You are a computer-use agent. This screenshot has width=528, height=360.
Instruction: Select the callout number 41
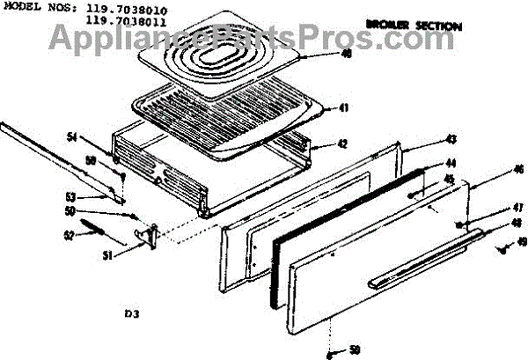point(345,109)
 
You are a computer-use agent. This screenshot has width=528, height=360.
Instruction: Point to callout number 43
point(451,140)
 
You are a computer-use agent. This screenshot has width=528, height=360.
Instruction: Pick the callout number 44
point(451,163)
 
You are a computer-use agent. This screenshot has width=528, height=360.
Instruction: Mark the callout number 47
point(494,210)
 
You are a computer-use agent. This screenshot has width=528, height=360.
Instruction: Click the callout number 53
point(73,195)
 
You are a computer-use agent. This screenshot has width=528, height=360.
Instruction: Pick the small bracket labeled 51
point(149,234)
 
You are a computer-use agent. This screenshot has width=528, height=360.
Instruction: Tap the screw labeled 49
point(504,249)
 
